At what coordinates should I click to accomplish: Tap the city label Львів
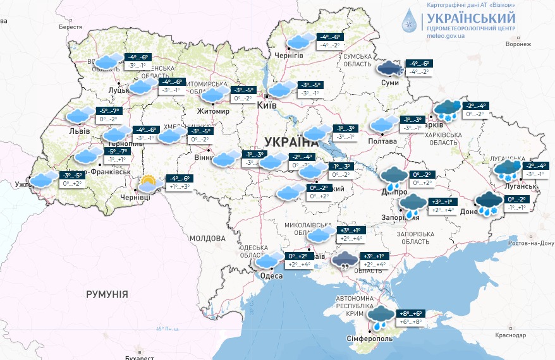pyautogui.click(x=79, y=131)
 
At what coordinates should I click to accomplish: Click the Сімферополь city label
pyautogui.click(x=370, y=339)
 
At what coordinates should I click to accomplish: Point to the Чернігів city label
pyautogui.click(x=289, y=56)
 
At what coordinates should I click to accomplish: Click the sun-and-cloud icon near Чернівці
pyautogui.click(x=148, y=184)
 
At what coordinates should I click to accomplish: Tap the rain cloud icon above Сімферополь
pyautogui.click(x=381, y=317)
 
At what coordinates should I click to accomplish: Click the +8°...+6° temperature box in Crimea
pyautogui.click(x=412, y=313)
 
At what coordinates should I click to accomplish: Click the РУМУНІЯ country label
pyautogui.click(x=107, y=294)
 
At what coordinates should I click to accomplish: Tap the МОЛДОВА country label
pyautogui.click(x=207, y=238)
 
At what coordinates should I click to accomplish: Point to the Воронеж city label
pyautogui.click(x=518, y=45)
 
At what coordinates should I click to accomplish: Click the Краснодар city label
pyautogui.click(x=511, y=335)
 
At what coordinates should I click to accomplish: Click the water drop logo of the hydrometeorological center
pyautogui.click(x=412, y=22)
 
